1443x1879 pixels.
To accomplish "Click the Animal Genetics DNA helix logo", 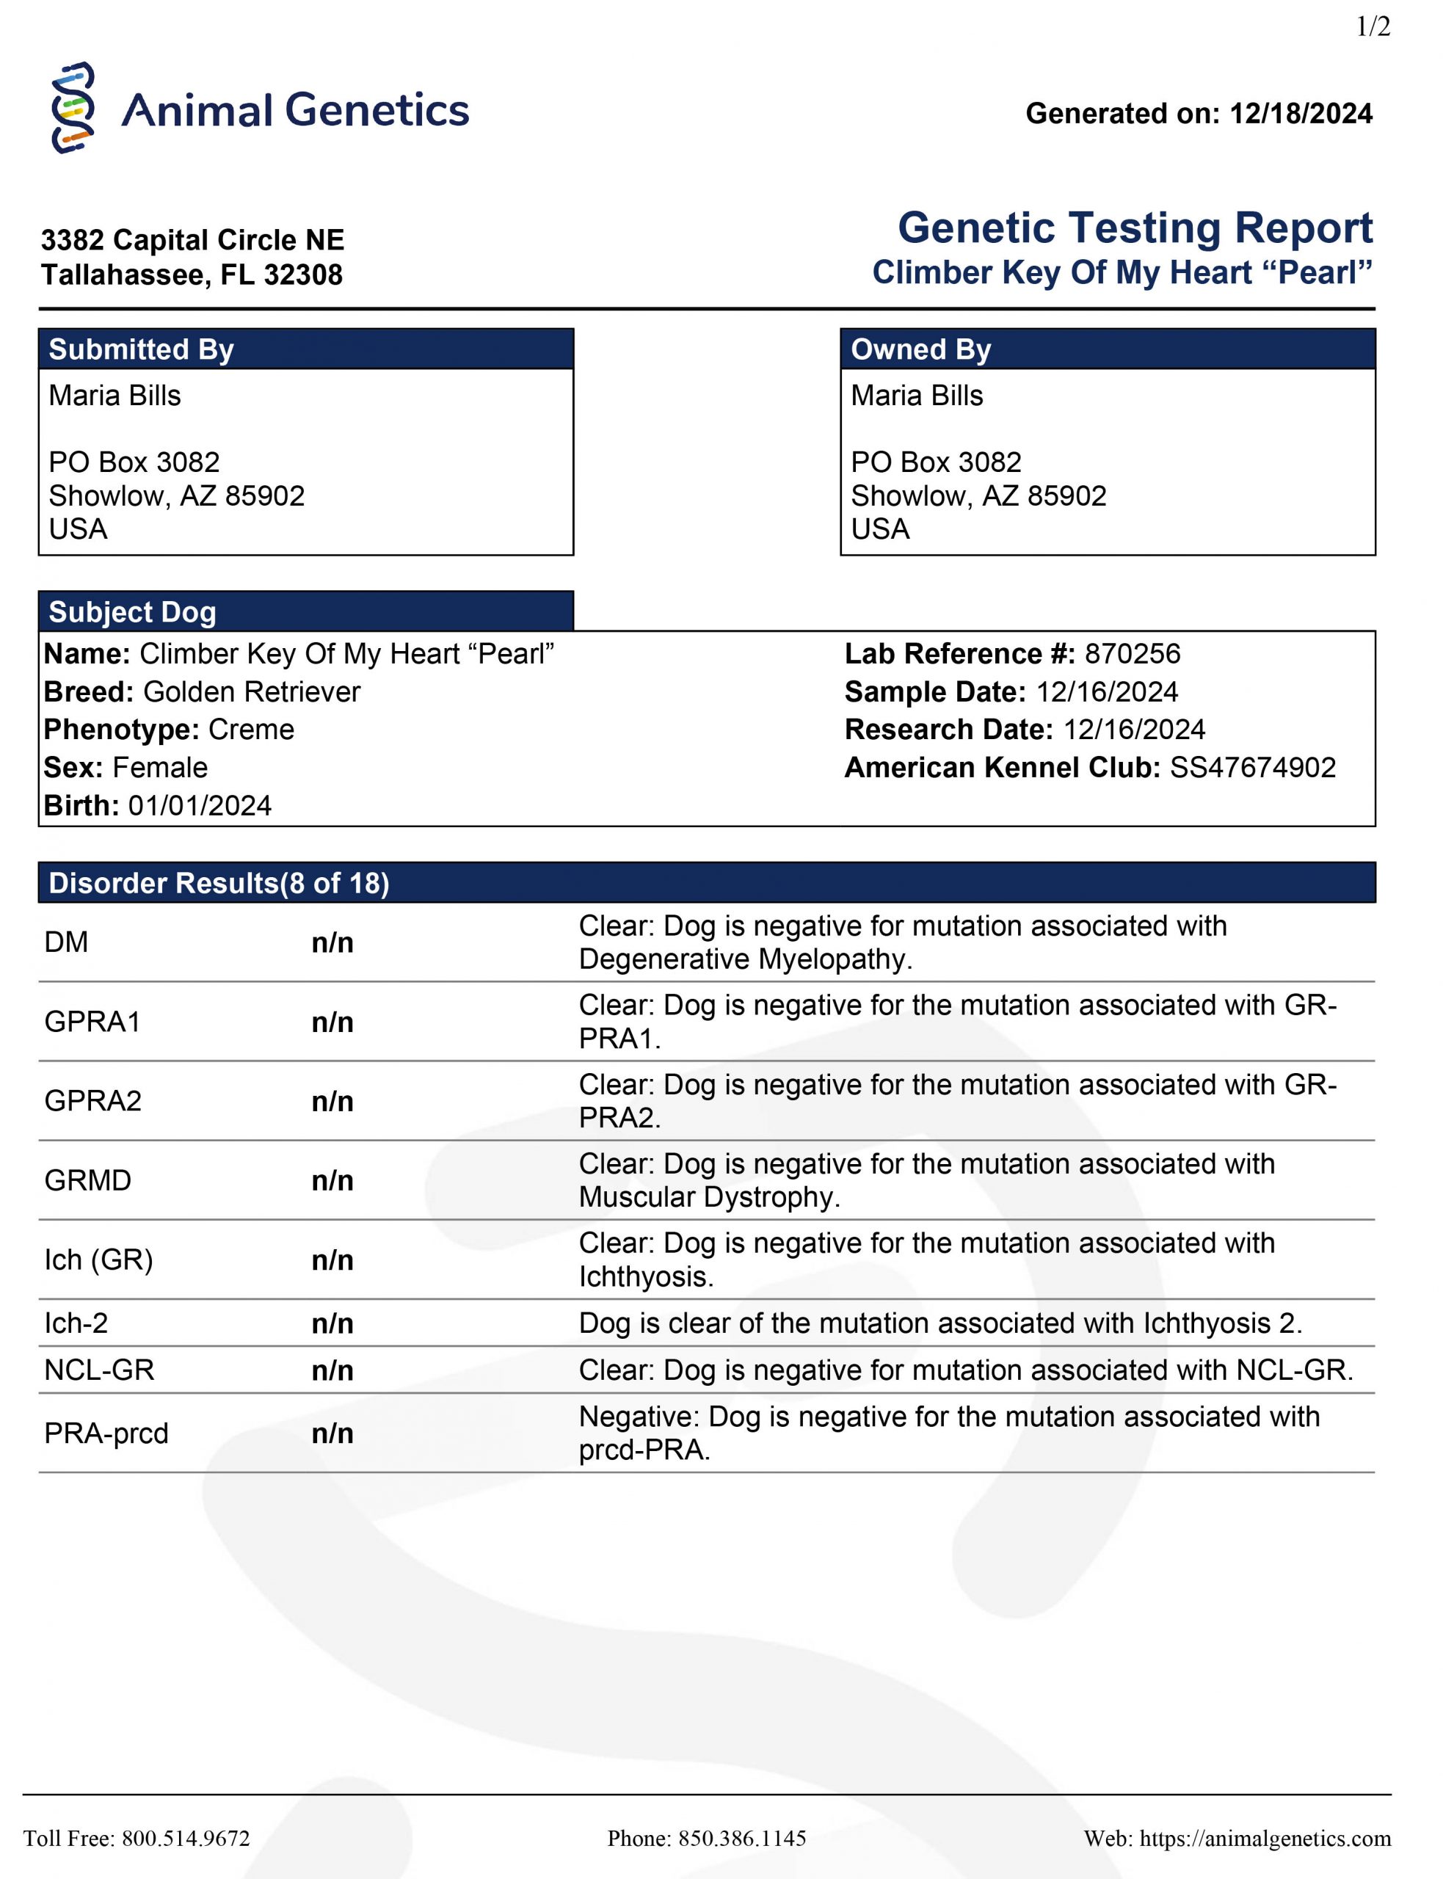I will pyautogui.click(x=73, y=108).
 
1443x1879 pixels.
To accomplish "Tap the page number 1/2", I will pyautogui.click(x=1373, y=27).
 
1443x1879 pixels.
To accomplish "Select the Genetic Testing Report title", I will pyautogui.click(x=1135, y=228).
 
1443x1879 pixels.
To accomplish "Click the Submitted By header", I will pyautogui.click(x=142, y=349).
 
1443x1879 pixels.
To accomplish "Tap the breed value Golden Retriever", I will pyautogui.click(x=252, y=692).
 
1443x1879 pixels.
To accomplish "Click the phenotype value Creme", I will pyautogui.click(x=251, y=730).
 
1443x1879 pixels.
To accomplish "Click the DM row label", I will pyautogui.click(x=66, y=943).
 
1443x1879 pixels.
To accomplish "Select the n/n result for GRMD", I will pyautogui.click(x=332, y=1181).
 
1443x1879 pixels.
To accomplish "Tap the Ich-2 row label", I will pyautogui.click(x=76, y=1323).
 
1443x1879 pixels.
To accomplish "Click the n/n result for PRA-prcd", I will pyautogui.click(x=332, y=1433).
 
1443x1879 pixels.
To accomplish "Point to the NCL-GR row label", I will pyautogui.click(x=100, y=1370).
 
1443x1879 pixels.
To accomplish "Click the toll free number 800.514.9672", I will pyautogui.click(x=186, y=1839).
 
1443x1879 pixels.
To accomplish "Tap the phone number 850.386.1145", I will pyautogui.click(x=742, y=1839).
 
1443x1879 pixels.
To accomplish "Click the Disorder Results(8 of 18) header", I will pyautogui.click(x=219, y=884).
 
